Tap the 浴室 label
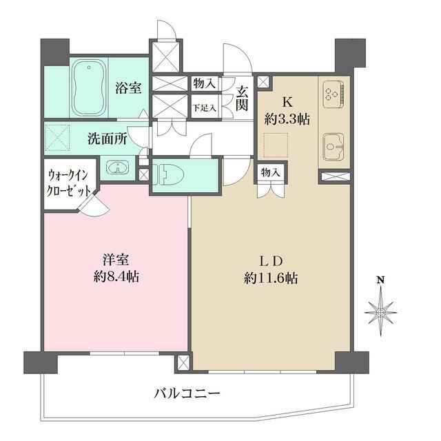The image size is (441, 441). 128,88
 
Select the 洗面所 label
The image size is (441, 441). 107,138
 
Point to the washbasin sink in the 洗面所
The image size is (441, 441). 118,168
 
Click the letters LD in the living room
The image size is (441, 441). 268,261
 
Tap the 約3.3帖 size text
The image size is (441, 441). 287,119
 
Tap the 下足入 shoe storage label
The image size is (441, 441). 204,108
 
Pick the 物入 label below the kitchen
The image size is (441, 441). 269,172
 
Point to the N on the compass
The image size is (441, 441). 380,280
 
